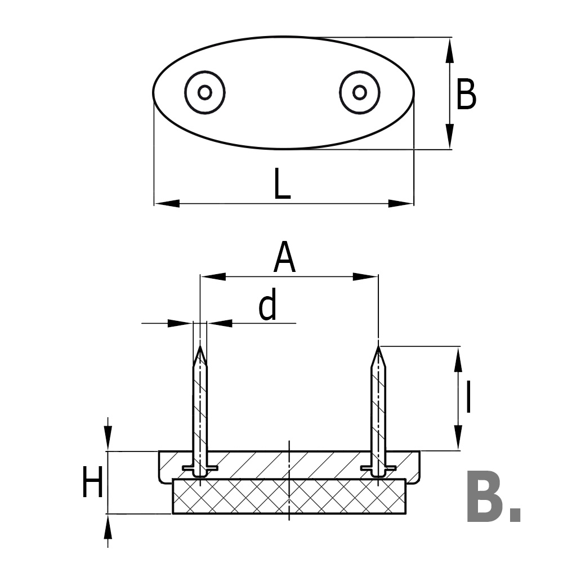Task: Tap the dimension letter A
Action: [285, 258]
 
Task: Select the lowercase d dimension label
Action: [268, 306]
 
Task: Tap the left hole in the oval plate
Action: [205, 92]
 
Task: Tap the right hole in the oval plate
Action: [360, 92]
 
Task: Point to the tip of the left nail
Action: [200, 347]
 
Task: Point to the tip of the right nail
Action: [379, 347]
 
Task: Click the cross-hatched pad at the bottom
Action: [289, 497]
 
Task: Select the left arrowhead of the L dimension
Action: [166, 203]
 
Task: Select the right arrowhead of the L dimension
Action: [401, 203]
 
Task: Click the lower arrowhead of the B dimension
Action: [450, 137]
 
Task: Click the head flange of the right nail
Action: [378, 468]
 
